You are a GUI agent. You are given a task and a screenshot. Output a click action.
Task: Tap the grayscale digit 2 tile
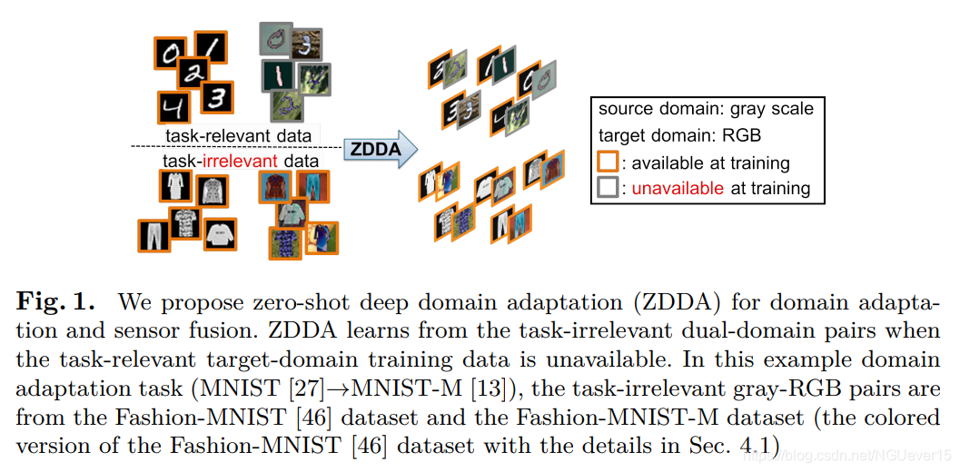[x=192, y=75]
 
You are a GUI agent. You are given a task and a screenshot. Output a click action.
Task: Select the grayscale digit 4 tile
[x=172, y=106]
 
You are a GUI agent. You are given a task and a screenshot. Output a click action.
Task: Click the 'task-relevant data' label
[x=238, y=136]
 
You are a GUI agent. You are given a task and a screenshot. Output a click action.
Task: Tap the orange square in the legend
[x=608, y=162]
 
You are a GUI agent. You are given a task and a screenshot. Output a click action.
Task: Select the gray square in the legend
[x=608, y=188]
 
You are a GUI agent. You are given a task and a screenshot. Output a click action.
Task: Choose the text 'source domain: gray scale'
[x=706, y=110]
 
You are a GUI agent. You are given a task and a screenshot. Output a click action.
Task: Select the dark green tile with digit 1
[x=279, y=74]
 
